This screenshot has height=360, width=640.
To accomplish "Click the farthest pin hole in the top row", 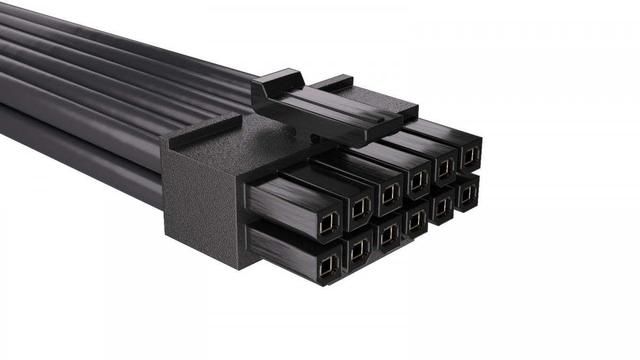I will coord(470,156).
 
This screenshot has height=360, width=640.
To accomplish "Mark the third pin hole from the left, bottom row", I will coord(389,233).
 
